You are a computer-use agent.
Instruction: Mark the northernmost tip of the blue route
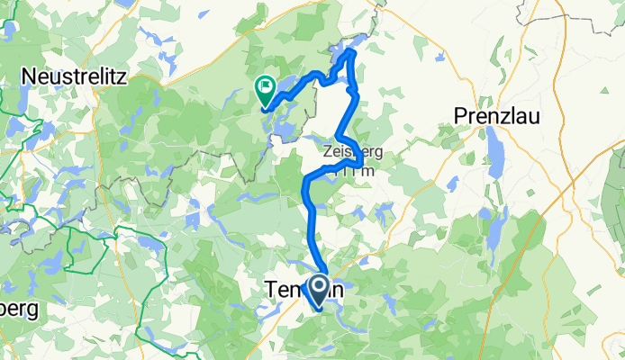[351, 53]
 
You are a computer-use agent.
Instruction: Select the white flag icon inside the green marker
[266, 87]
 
